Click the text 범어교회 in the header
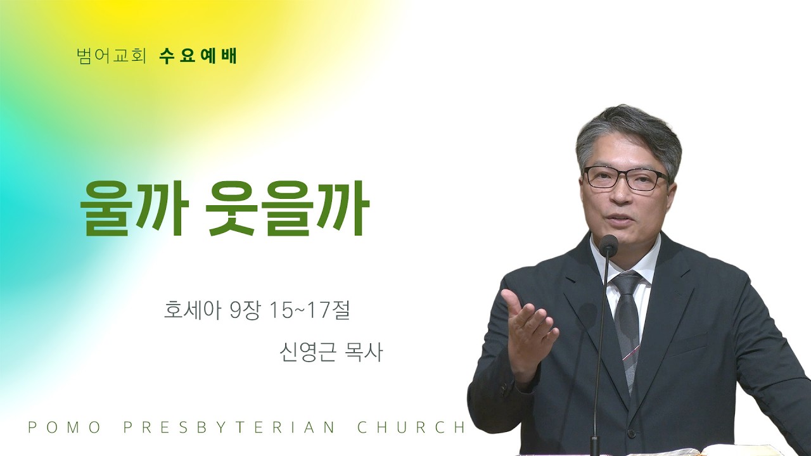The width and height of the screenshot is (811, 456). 111,56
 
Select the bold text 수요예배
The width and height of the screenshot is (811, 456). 198,56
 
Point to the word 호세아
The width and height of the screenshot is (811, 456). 192,311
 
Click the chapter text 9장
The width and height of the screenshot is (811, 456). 245,311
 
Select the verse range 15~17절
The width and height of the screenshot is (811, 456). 310,311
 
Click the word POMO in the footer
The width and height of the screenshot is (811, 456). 64,427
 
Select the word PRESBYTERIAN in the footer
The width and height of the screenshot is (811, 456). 229,427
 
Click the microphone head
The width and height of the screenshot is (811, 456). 608,244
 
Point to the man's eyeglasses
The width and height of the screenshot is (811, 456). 625,179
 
